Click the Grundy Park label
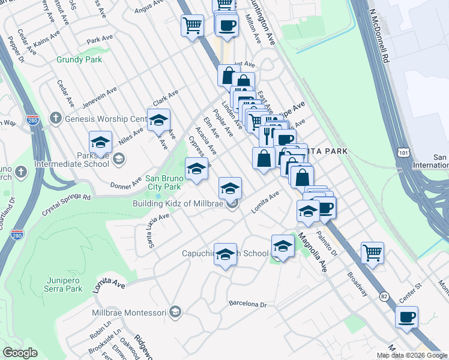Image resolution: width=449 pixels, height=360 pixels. (x=79, y=60)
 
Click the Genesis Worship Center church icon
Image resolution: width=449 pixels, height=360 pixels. (x=55, y=118)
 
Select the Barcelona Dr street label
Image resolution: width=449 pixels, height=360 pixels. (x=247, y=304)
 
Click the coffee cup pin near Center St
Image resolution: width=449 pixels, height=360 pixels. (x=407, y=317)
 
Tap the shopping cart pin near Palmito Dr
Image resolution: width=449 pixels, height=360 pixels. (x=372, y=252)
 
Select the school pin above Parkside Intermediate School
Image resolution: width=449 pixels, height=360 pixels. (x=100, y=142)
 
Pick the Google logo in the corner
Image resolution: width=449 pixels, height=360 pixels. (x=20, y=353)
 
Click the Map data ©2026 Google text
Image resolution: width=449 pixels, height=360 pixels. (x=412, y=355)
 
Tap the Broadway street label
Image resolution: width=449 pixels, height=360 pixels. (x=357, y=284)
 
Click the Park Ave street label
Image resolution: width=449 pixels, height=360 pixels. (x=99, y=41)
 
